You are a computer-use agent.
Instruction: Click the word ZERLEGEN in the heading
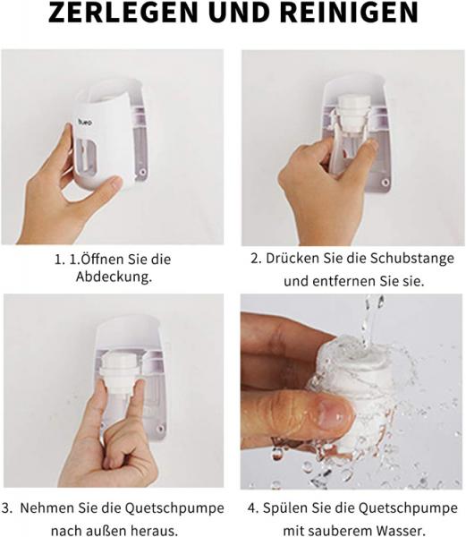tap(123, 12)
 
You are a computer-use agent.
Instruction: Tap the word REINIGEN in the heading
tap(349, 12)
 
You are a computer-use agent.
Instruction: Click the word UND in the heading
tap(239, 12)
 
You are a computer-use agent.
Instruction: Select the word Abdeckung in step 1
tap(114, 277)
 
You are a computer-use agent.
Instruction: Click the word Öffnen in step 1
tap(102, 259)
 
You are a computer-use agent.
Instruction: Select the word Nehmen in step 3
tap(47, 507)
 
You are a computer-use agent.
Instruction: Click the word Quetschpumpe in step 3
tap(174, 508)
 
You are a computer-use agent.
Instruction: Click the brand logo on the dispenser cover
tap(85, 122)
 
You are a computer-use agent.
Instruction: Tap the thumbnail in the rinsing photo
tap(335, 412)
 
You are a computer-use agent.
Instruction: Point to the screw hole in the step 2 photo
tap(386, 182)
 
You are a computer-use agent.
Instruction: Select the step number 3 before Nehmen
tap(7, 507)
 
